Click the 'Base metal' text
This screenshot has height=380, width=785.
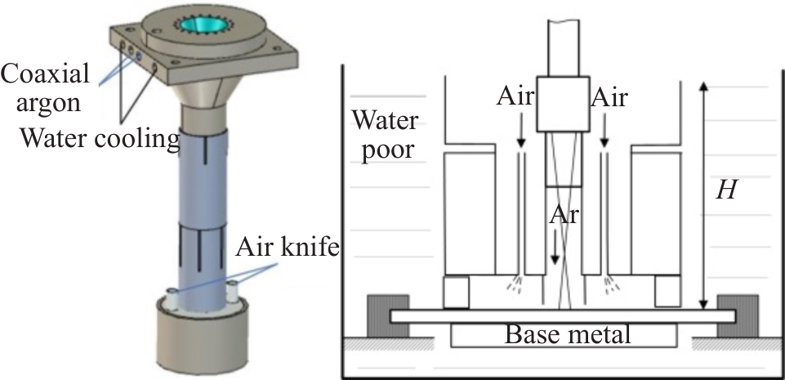click(x=564, y=334)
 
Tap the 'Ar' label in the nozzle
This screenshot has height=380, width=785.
click(x=560, y=215)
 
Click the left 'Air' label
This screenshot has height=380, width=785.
click(x=514, y=99)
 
